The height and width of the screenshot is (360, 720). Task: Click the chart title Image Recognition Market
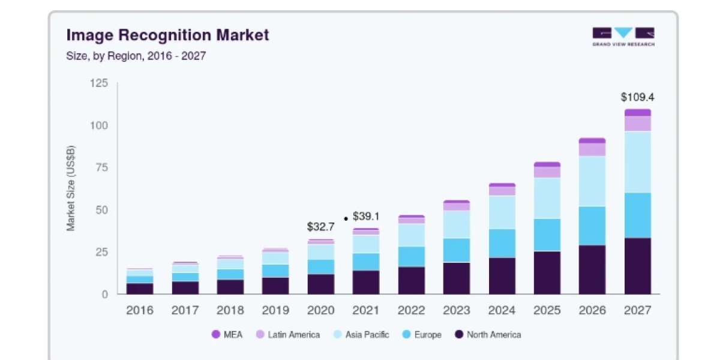(x=167, y=35)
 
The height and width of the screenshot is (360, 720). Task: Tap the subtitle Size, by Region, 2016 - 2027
(x=136, y=56)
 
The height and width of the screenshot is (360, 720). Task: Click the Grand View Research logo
(x=623, y=37)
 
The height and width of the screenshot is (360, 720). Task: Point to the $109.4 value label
(x=637, y=97)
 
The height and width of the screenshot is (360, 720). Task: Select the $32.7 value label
(x=321, y=227)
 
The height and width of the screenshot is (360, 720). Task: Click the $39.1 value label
(x=366, y=216)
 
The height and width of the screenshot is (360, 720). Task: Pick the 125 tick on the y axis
(x=98, y=83)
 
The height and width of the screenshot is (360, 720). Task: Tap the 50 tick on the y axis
(x=101, y=210)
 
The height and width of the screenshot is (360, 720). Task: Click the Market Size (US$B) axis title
(x=70, y=188)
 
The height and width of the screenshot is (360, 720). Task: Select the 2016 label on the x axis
(x=139, y=310)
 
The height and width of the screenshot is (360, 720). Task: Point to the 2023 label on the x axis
(x=457, y=310)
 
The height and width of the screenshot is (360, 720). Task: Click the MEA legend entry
(x=227, y=335)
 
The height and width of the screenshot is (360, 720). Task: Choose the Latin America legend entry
(x=287, y=335)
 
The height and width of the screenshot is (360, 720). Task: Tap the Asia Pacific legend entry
(x=361, y=335)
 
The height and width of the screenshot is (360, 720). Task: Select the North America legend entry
(x=488, y=335)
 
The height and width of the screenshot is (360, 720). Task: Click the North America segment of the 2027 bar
(x=638, y=266)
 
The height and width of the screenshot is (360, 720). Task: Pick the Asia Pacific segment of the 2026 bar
(x=592, y=181)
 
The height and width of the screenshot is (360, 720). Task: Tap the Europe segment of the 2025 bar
(x=547, y=235)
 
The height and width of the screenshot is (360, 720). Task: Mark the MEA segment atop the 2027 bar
(x=638, y=113)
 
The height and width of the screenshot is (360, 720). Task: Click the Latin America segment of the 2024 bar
(x=502, y=191)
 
